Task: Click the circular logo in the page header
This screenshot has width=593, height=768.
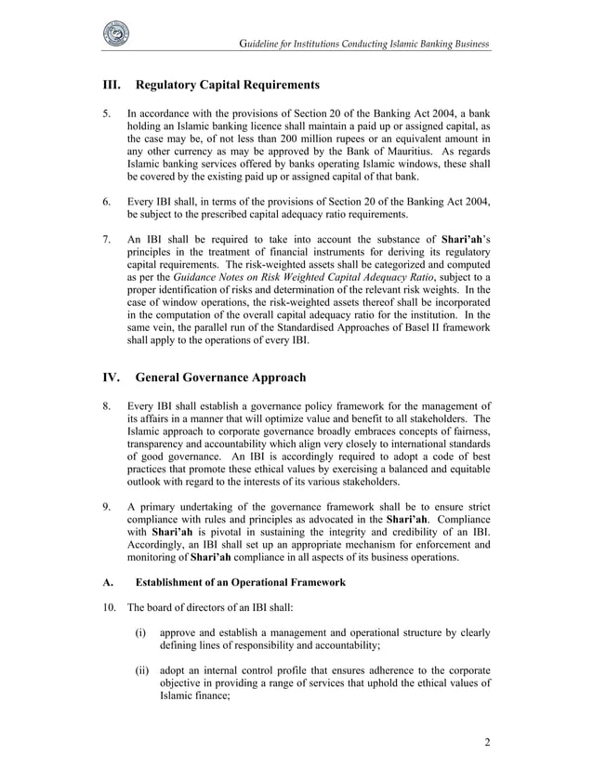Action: coord(116,32)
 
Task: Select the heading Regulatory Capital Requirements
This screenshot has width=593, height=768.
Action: coord(228,86)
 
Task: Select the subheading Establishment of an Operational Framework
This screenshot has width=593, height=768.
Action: coord(241,583)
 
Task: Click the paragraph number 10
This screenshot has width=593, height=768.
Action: coord(109,610)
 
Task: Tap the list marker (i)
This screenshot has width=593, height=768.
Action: coord(141,636)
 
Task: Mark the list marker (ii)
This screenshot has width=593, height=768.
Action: coord(142,669)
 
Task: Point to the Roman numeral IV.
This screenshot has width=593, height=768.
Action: coord(112,378)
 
